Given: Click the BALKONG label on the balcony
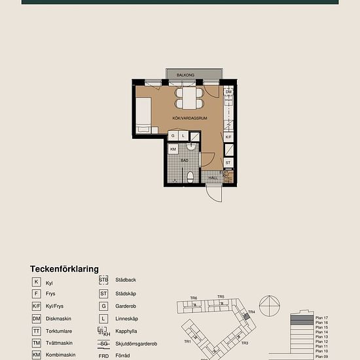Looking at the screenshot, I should click(186, 75).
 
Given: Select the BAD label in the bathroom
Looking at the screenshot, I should click(185, 160).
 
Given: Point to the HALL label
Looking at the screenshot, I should click(213, 177).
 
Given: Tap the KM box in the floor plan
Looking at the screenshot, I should click(173, 149).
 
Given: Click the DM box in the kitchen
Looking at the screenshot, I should click(228, 92).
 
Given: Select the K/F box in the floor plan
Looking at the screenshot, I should click(228, 137).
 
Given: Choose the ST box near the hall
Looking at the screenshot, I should click(228, 162).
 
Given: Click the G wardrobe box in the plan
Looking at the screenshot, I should click(173, 135).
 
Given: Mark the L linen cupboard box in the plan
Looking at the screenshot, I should click(184, 135).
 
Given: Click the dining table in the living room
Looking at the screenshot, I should click(189, 98).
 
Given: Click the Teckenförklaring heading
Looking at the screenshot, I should click(64, 268).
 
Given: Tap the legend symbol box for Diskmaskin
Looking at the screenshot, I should click(37, 319).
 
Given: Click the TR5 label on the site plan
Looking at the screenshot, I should click(221, 297).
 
